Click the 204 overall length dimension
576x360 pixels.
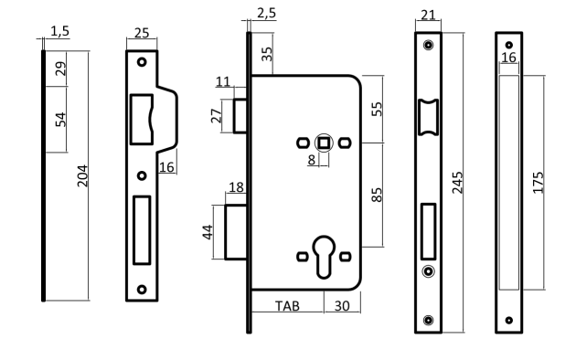point(82,176)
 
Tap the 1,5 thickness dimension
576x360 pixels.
point(59,31)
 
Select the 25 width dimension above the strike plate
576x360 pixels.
point(142,33)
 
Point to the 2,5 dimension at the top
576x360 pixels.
point(266,13)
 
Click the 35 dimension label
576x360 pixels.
point(268,54)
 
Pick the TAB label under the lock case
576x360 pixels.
point(287,306)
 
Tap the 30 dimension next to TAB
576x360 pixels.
point(342,306)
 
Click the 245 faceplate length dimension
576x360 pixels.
point(457,183)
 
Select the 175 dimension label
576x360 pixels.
point(538,183)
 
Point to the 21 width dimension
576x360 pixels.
point(428,15)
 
